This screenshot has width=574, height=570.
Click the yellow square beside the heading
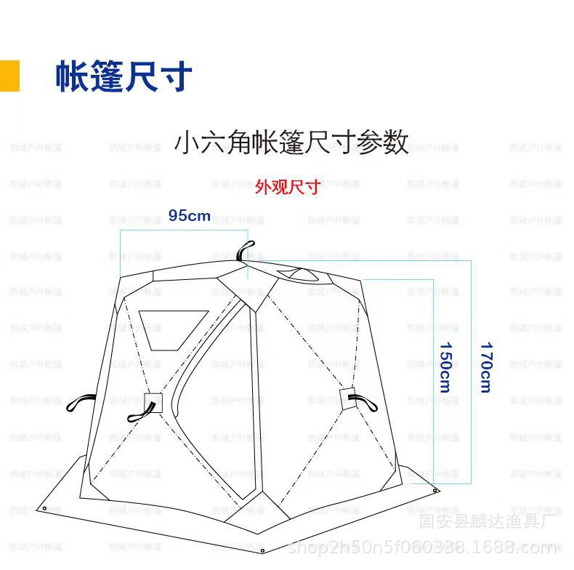(9, 76)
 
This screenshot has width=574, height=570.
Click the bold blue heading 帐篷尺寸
(124, 76)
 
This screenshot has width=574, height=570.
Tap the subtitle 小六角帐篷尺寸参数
(291, 142)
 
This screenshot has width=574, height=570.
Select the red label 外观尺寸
(287, 186)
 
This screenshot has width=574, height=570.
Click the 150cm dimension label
(444, 366)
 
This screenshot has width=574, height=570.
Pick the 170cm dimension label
(485, 366)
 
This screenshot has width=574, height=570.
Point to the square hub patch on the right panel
(347, 396)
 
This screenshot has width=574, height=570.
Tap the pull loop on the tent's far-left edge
(81, 401)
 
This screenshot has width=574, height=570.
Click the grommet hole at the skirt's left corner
(45, 508)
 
